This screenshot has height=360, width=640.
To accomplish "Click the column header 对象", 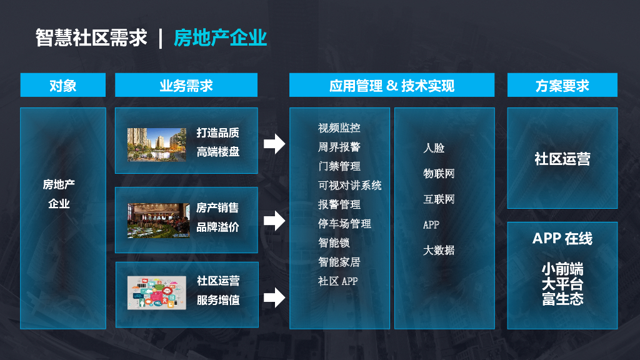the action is tap(62, 86).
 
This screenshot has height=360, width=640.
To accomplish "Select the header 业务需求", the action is tap(186, 86).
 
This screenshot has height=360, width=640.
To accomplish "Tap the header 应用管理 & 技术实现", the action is tap(391, 86).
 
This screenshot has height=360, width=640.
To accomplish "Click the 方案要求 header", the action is tap(562, 86).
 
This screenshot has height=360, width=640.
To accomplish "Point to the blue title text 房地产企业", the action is tap(220, 38).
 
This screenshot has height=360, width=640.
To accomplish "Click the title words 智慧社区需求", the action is tap(91, 38).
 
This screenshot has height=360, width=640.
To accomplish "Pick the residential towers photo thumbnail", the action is tap(156, 145).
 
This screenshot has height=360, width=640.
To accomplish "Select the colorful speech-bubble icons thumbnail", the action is tap(157, 292).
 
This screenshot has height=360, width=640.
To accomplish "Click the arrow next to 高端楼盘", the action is tap(274, 144).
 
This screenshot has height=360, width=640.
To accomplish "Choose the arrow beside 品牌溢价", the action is tap(274, 220).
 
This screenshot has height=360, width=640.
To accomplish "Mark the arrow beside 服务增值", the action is tap(274, 297).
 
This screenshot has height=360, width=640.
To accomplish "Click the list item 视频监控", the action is tap(339, 128).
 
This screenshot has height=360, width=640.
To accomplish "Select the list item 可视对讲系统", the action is tap(349, 186).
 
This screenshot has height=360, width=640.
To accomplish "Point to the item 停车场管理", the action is tap(344, 224).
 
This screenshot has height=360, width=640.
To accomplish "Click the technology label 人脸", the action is tap(434, 148).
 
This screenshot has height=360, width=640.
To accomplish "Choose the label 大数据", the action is tap(439, 250).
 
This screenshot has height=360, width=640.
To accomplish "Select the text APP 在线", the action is tap(562, 239).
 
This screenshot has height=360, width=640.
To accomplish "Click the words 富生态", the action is tap(562, 299).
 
